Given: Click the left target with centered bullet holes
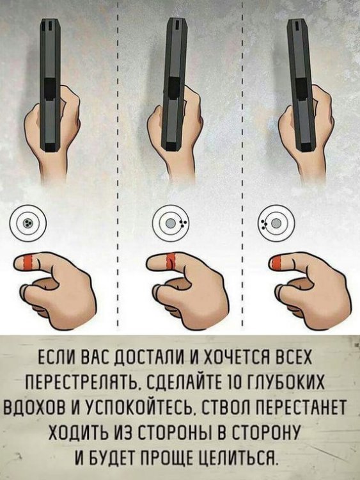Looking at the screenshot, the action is click(28, 222).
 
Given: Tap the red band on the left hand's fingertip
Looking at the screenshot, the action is click(27, 262).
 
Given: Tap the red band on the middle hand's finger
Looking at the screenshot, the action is click(169, 261).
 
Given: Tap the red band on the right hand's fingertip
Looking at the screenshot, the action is click(276, 262).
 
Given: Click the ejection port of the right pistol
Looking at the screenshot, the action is click(302, 86).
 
